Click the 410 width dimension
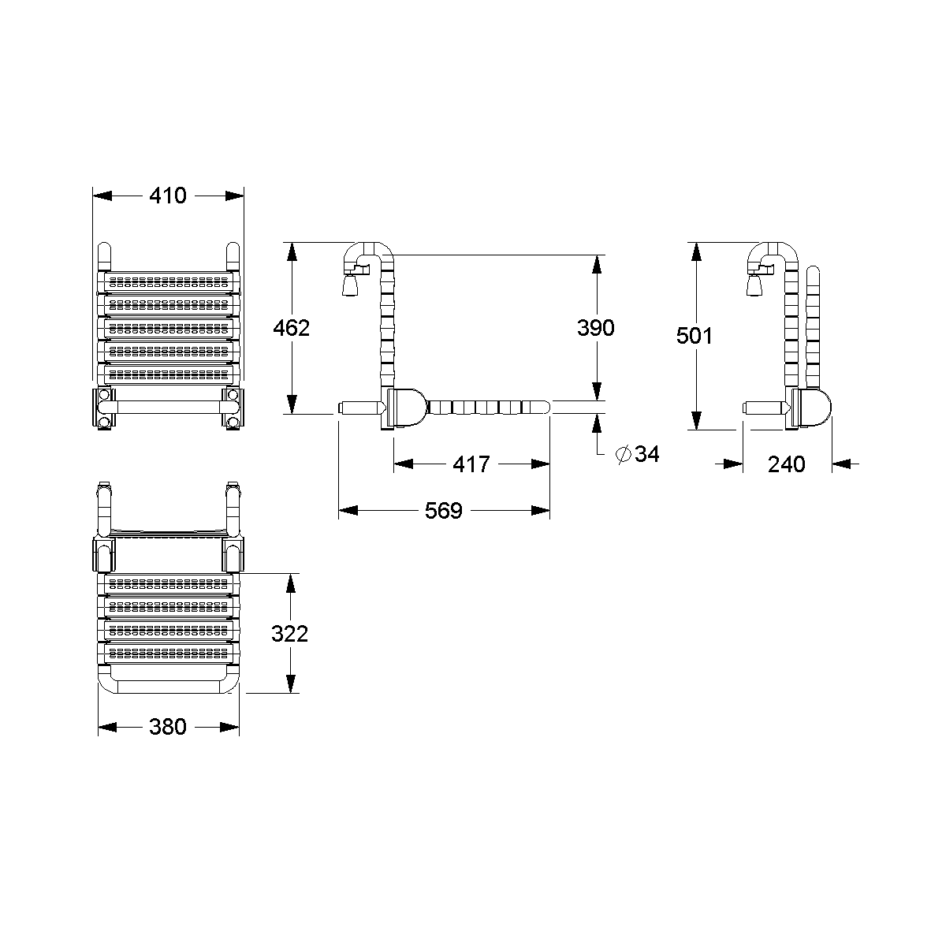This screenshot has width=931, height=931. (x=168, y=195)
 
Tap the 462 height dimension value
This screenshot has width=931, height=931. (x=291, y=327)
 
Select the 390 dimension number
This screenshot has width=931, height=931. (x=596, y=327)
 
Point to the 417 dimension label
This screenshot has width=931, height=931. (x=471, y=464)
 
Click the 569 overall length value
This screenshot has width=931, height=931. (x=443, y=511)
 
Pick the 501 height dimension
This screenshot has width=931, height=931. (x=695, y=336)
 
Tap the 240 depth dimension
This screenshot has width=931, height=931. (x=787, y=464)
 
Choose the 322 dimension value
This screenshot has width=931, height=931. (x=290, y=633)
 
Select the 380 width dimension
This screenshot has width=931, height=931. (x=168, y=727)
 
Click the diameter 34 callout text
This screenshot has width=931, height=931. (x=646, y=454)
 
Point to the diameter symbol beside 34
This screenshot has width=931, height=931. (x=622, y=454)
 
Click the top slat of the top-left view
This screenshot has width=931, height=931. (x=168, y=281)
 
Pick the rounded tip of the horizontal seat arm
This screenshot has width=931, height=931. (x=544, y=408)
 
